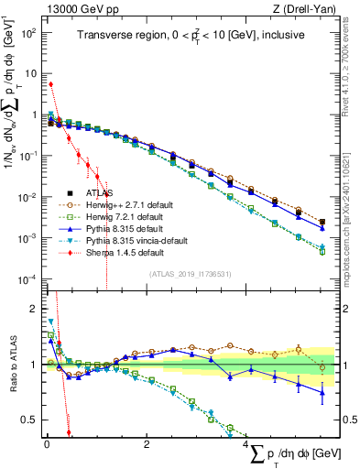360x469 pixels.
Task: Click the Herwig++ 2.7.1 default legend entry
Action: pos(125,205)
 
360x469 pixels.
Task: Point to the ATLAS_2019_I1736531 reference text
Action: pos(191,274)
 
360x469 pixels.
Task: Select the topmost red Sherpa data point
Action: pos(50,84)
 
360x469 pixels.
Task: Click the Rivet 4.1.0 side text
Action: pos(352,64)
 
